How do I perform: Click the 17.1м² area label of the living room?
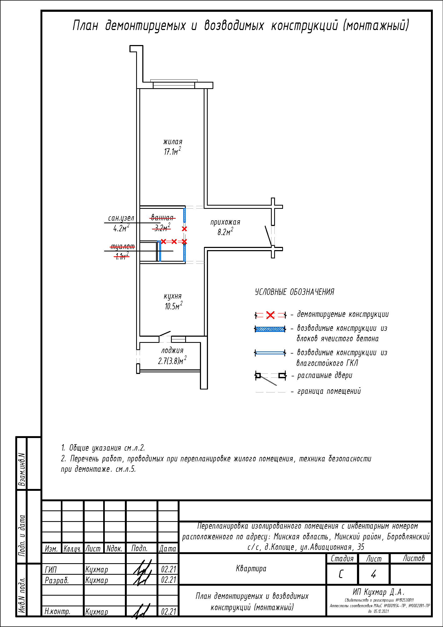point(172,151)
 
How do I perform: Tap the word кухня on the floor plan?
point(173,296)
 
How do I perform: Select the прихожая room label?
point(225,222)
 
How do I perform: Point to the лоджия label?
point(172,350)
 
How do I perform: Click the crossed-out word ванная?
point(162,218)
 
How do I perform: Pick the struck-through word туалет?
point(122,247)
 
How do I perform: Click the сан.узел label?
point(121,218)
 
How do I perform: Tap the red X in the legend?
point(270,315)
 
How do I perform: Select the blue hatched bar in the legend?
point(270,329)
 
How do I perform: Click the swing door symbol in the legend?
point(270,377)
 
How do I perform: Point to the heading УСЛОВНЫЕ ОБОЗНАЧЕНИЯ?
point(294,292)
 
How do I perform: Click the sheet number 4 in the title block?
point(373,574)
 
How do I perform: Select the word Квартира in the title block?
point(251,569)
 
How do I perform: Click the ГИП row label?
point(51,570)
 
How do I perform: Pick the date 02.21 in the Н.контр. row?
point(168,611)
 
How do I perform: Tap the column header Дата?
point(167,548)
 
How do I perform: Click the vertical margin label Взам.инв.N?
point(21,470)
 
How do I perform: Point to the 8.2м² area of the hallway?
point(225,232)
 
